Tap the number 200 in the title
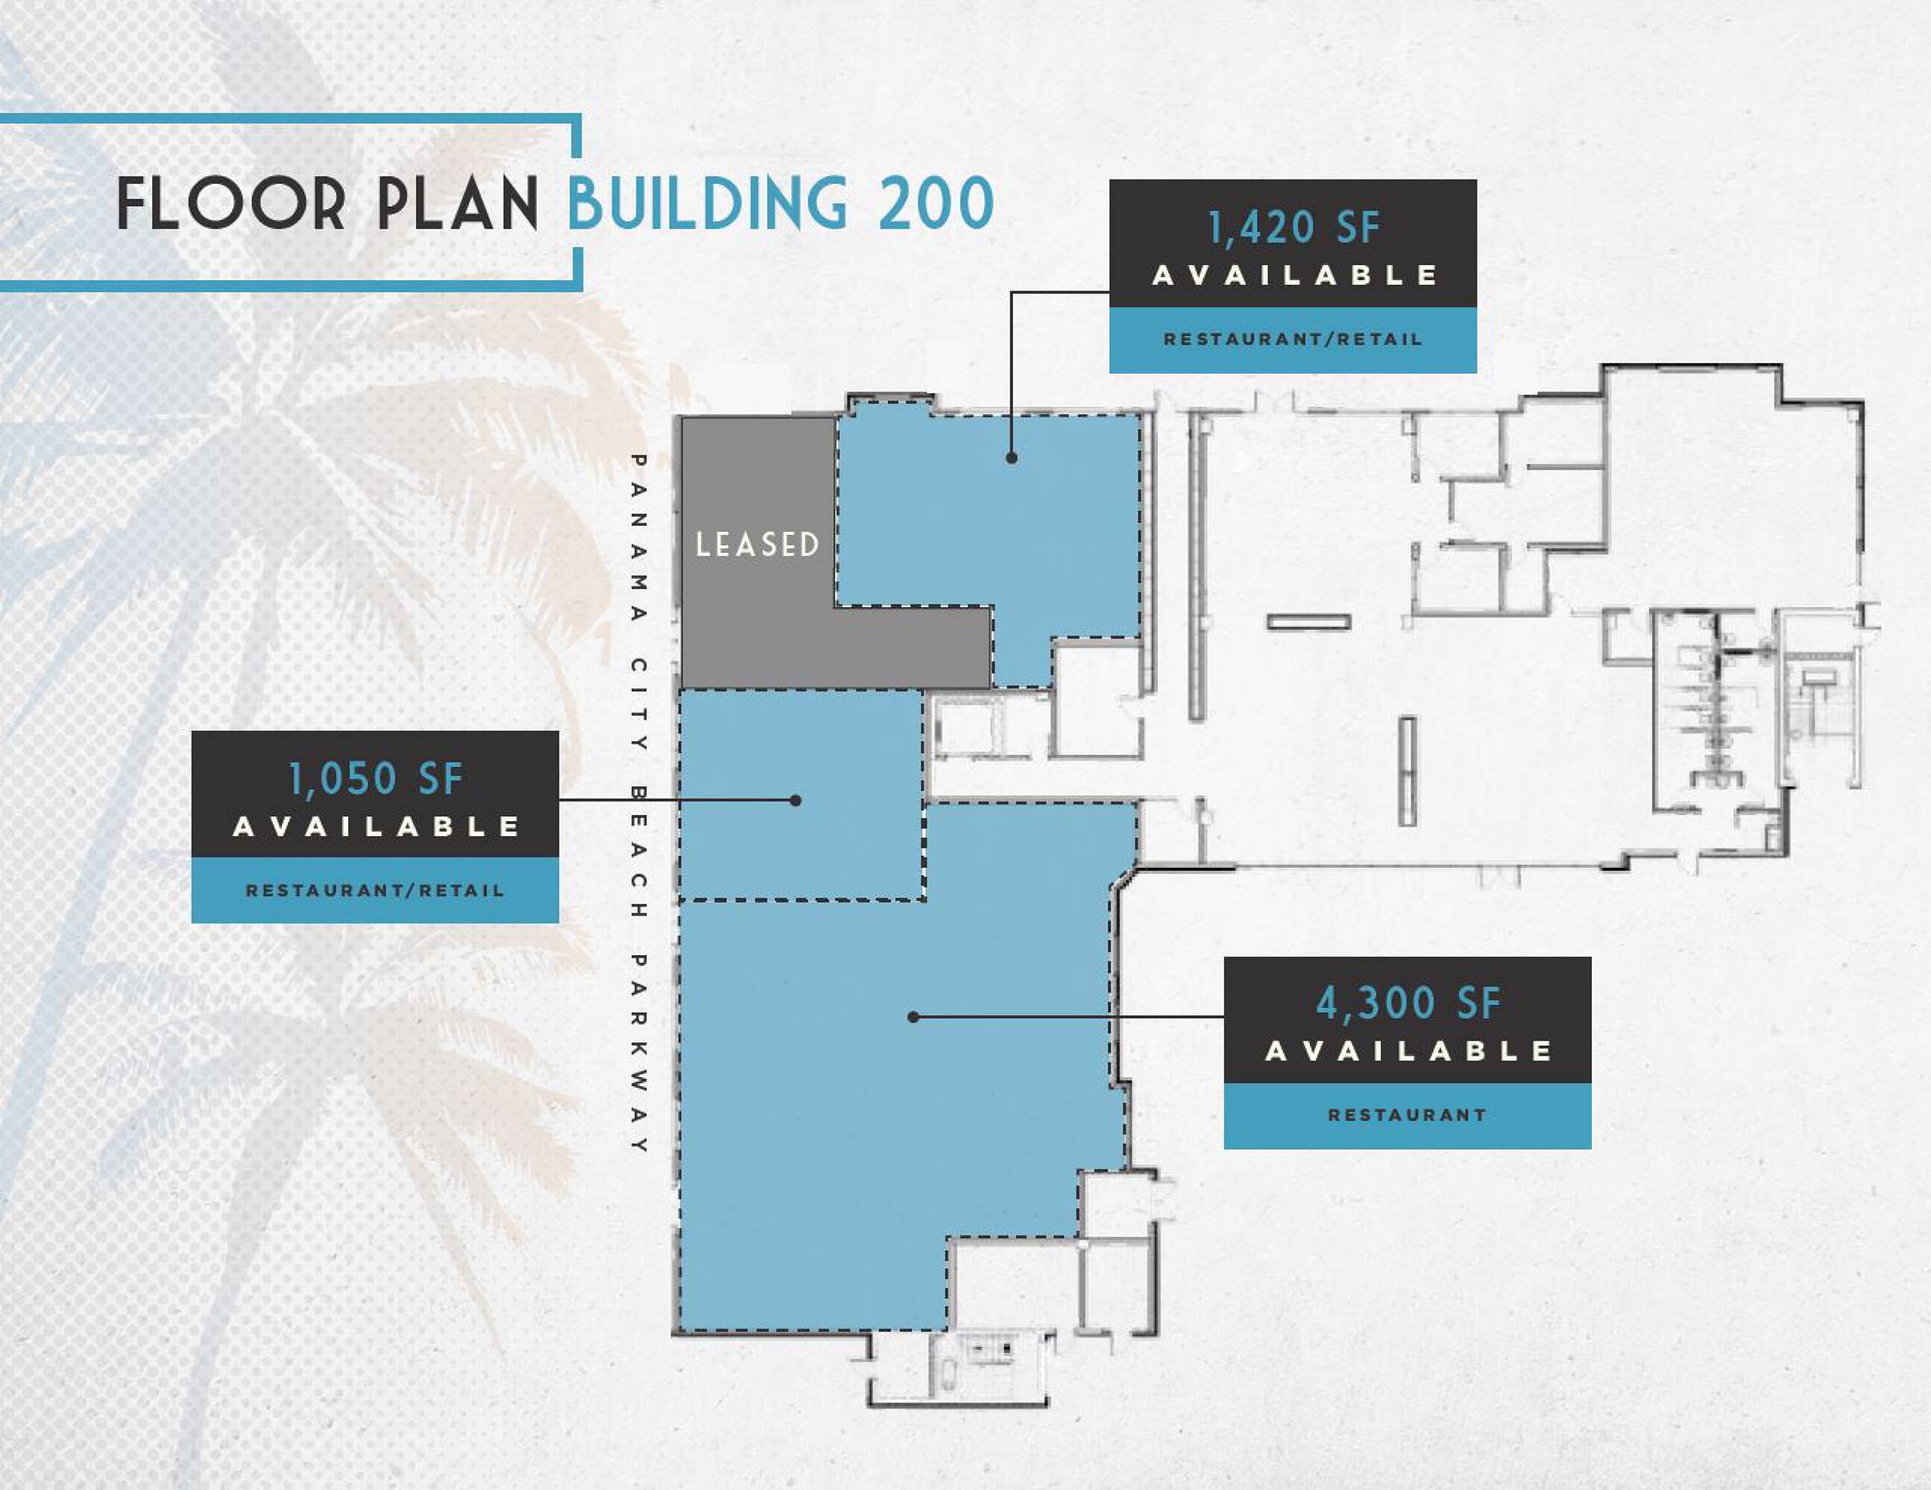(936, 203)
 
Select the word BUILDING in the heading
(708, 203)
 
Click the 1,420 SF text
(1293, 228)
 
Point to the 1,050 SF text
(376, 779)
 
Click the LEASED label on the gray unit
(757, 545)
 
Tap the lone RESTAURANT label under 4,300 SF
(1408, 1115)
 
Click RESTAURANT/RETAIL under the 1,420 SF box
(1293, 340)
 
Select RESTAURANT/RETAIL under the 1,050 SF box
(376, 891)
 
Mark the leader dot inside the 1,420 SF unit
(1012, 457)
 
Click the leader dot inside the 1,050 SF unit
(795, 800)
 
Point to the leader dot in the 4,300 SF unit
(913, 1017)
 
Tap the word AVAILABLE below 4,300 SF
(1408, 1050)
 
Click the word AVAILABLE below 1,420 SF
(1294, 276)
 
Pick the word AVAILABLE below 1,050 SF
(376, 827)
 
